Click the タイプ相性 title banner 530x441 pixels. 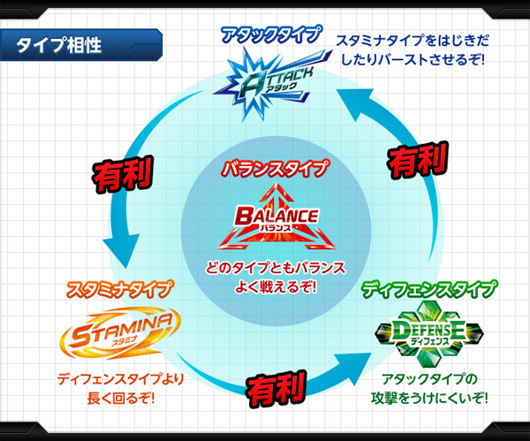click(81, 45)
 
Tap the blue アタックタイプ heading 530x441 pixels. click(270, 34)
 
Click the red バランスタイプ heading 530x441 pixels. click(275, 169)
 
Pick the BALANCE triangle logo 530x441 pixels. click(276, 217)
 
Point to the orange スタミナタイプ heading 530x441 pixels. click(119, 290)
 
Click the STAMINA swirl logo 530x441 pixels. click(120, 333)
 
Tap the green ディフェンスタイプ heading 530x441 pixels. click(429, 290)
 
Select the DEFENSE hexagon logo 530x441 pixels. click(429, 334)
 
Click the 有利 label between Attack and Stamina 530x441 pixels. click(123, 175)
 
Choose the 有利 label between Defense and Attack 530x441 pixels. click(418, 160)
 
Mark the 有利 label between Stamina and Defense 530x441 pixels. click(276, 389)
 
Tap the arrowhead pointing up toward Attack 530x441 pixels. click(357, 103)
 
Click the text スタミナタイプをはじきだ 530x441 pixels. click(413, 41)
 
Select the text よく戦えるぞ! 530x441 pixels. click(276, 287)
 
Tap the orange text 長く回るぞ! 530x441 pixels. click(121, 398)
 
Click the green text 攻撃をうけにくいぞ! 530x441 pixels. click(429, 398)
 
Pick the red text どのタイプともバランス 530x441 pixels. click(276, 268)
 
